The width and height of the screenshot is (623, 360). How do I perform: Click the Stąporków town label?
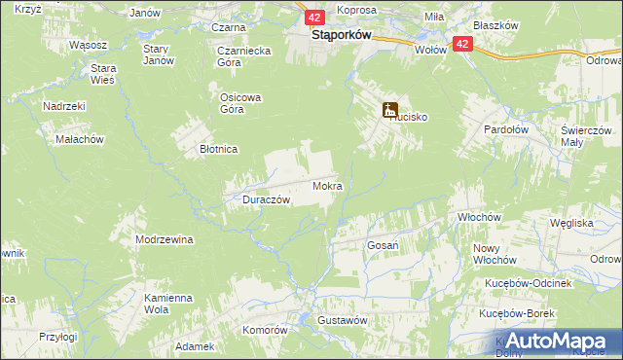[327, 35]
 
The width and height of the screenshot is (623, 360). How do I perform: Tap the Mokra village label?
[326, 185]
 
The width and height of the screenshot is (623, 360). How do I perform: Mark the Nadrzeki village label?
[65, 106]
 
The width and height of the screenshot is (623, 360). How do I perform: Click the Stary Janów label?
[158, 54]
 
